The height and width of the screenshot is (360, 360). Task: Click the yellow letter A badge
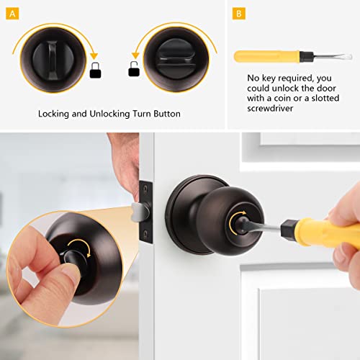[x=14, y=13]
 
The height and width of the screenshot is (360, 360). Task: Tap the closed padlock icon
[x=95, y=70]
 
